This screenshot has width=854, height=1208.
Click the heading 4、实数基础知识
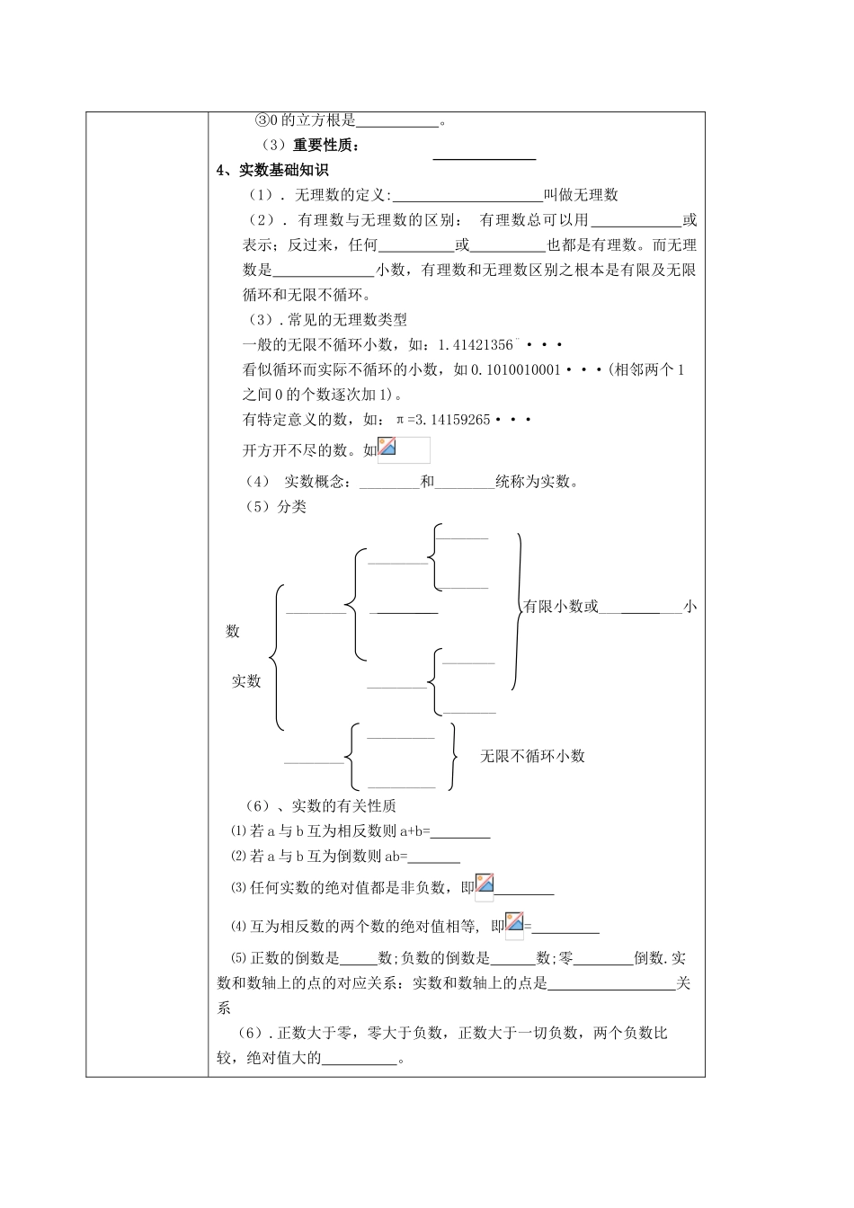[273, 170]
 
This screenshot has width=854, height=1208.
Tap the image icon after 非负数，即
[485, 884]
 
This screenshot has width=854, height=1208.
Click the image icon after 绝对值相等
[514, 923]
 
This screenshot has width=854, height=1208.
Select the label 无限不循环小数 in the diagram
[532, 757]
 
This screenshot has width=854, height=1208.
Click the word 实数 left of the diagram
[246, 681]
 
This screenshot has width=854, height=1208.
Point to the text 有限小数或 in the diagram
[561, 607]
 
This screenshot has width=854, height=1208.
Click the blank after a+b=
[461, 832]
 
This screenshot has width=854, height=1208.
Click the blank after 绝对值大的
[359, 1059]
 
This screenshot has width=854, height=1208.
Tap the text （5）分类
[276, 507]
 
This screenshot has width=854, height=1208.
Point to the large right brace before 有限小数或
[517, 611]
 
